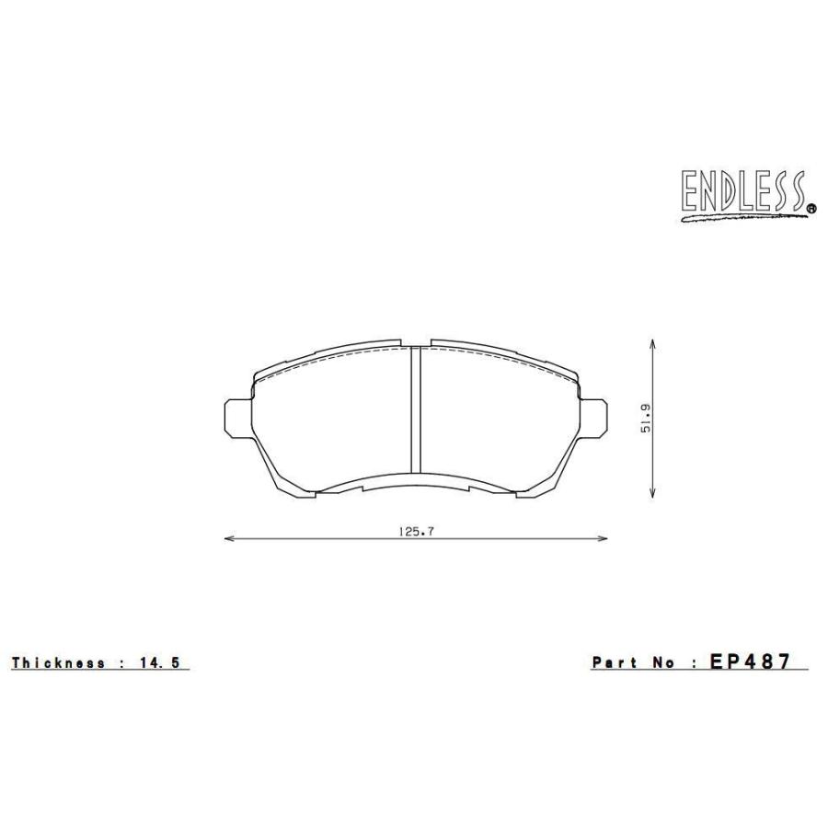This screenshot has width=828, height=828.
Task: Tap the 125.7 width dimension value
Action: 416,532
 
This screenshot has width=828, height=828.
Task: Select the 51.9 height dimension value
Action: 645,419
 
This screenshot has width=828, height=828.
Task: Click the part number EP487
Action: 750,661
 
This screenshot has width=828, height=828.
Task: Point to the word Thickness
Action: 58,662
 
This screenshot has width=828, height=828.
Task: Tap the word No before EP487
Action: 663,662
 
